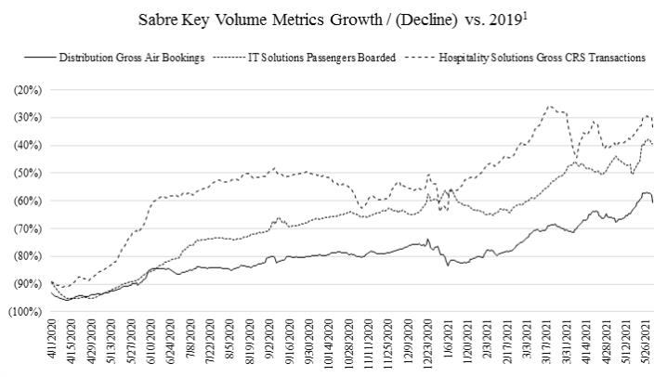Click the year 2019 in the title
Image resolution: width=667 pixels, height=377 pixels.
(x=485, y=19)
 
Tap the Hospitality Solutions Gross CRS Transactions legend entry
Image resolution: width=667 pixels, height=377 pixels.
(x=539, y=58)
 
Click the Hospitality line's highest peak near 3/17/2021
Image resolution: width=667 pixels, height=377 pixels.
(x=549, y=106)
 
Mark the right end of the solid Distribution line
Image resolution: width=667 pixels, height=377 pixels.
(x=652, y=201)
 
